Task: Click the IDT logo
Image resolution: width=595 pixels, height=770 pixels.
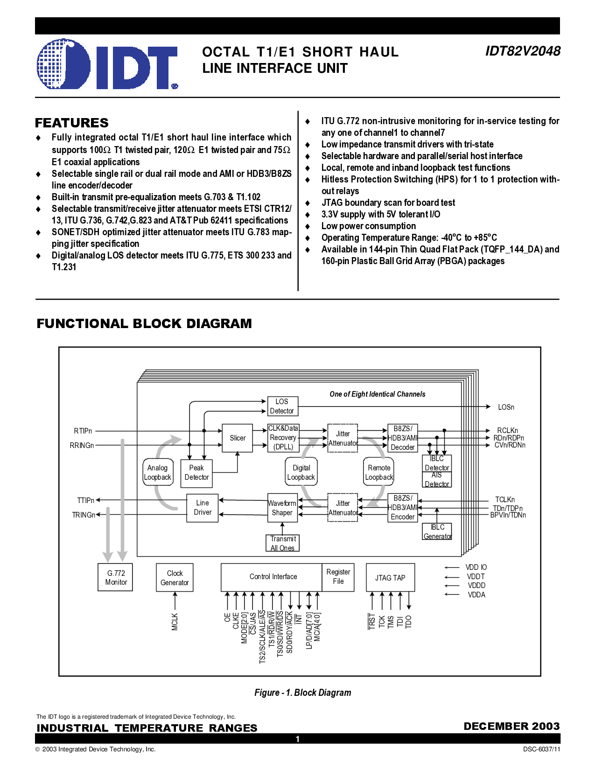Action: click(x=107, y=64)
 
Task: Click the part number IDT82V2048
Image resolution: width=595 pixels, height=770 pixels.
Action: click(x=523, y=51)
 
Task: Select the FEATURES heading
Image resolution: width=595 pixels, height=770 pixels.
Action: click(x=71, y=123)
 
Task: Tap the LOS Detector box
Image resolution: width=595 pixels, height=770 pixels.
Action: click(x=282, y=406)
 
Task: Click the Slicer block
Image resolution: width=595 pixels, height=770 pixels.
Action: click(x=238, y=438)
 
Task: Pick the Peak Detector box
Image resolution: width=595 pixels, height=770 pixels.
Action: click(x=196, y=473)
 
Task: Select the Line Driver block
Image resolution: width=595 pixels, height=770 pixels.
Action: click(x=203, y=508)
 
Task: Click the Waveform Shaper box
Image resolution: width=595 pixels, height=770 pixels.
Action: click(x=282, y=508)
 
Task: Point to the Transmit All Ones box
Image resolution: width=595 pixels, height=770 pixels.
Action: click(x=282, y=543)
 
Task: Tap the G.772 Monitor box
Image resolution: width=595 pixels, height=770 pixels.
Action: click(x=115, y=578)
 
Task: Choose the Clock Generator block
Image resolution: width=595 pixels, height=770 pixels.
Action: click(x=175, y=578)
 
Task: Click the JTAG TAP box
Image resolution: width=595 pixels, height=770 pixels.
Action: click(x=390, y=578)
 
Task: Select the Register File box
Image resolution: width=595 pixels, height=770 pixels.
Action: click(x=338, y=577)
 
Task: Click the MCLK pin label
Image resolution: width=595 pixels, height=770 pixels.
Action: click(x=175, y=622)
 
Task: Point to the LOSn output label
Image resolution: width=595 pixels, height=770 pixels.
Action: click(x=506, y=407)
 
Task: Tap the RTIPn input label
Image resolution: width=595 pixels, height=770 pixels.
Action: click(x=83, y=431)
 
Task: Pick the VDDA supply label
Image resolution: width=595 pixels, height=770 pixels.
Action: click(x=476, y=595)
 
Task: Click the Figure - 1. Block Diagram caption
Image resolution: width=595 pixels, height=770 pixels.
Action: click(x=303, y=693)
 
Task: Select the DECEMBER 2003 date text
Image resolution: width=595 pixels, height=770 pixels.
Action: click(x=512, y=726)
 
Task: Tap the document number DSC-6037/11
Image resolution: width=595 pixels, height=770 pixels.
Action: click(x=541, y=749)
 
